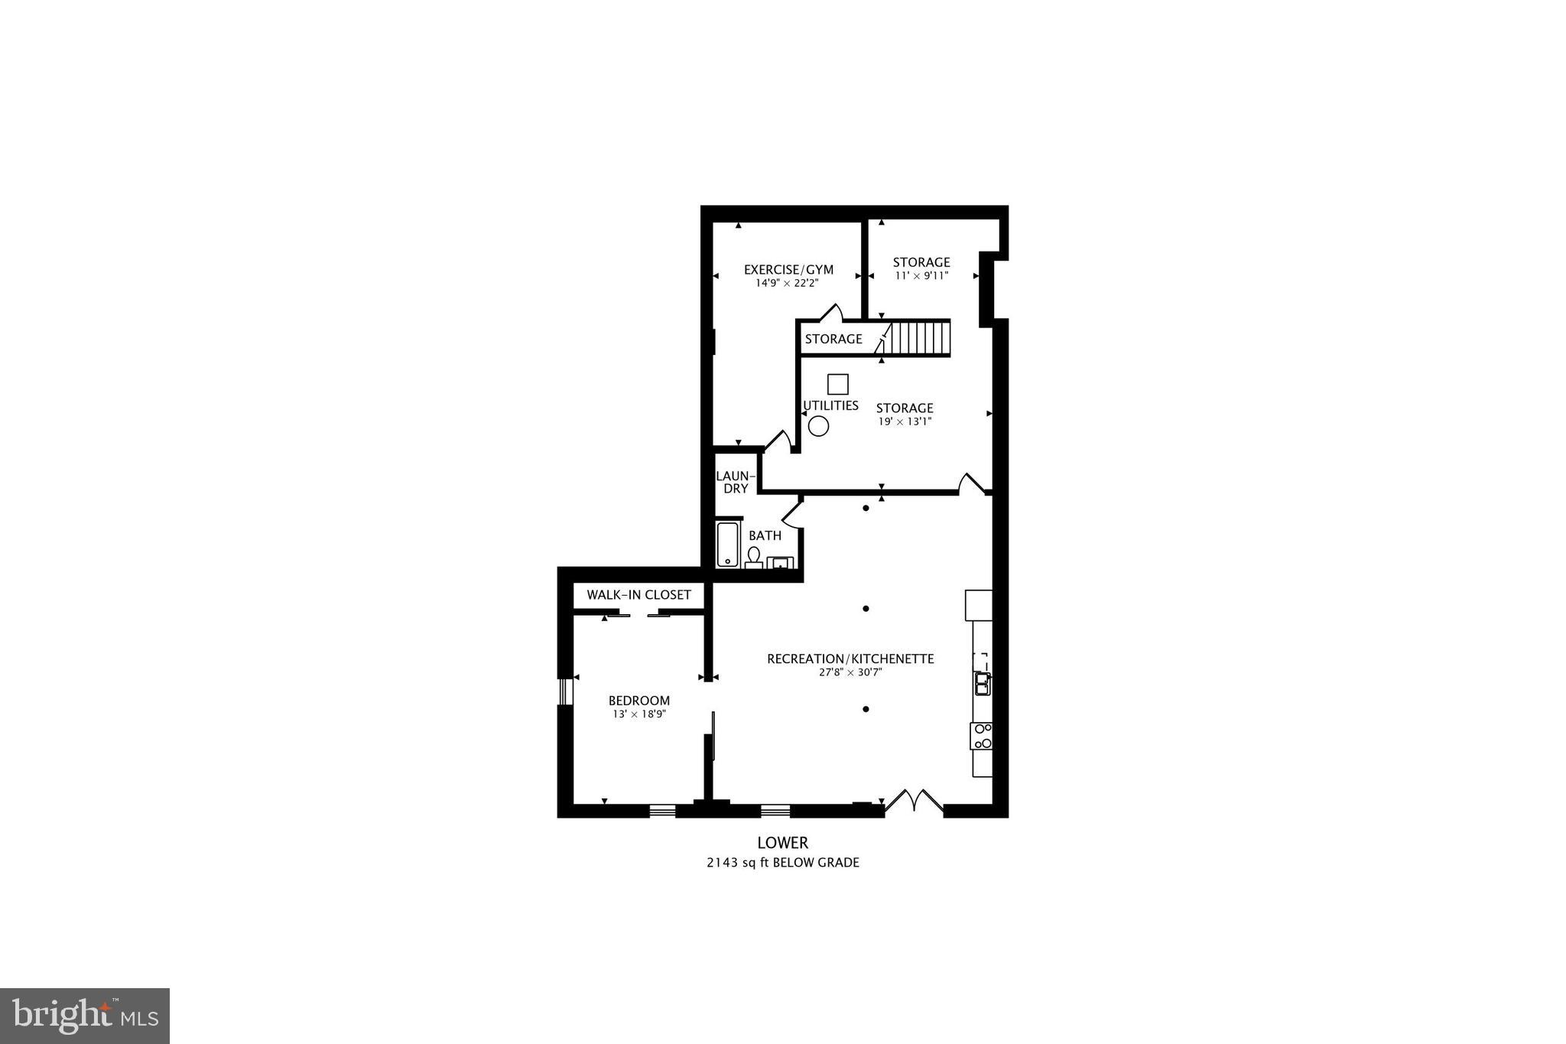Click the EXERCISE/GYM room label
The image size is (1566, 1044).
tap(788, 269)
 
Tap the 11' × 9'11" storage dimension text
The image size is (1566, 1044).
tap(921, 276)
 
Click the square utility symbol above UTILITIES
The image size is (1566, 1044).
tap(838, 384)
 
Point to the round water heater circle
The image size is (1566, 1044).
tap(818, 426)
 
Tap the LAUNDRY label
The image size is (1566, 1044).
tap(736, 482)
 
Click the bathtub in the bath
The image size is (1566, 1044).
tap(728, 545)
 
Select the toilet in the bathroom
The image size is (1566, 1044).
tap(754, 558)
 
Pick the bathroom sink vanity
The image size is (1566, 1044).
tap(780, 563)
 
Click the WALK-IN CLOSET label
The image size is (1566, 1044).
tap(638, 595)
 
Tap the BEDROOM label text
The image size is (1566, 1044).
tap(638, 701)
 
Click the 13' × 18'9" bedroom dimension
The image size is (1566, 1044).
tap(638, 714)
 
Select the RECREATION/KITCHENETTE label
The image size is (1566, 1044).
tap(850, 659)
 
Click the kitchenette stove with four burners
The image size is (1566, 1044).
tap(982, 736)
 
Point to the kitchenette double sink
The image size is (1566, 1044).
tap(982, 684)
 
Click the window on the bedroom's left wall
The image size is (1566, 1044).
tap(565, 691)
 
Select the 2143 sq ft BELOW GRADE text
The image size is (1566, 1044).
tap(782, 863)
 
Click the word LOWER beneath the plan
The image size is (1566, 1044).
tap(782, 843)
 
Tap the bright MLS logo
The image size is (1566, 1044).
tap(85, 1016)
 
